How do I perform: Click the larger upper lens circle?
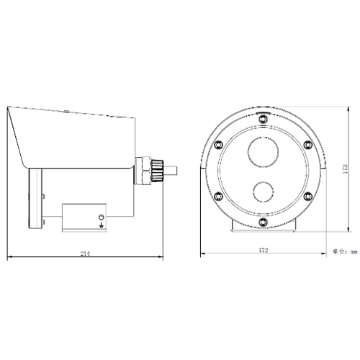tap(264, 153)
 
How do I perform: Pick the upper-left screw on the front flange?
tap(217, 140)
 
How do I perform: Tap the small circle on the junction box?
tap(101, 216)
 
